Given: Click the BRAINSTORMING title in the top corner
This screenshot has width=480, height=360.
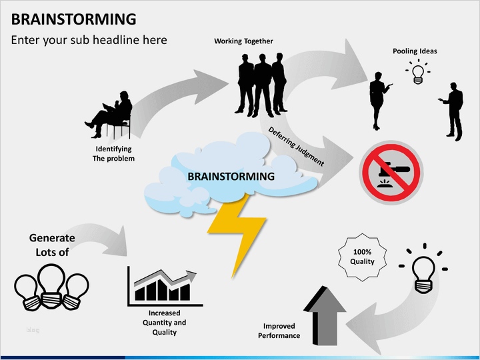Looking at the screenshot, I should (x=73, y=19).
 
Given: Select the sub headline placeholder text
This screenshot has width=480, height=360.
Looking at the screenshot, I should (x=89, y=40).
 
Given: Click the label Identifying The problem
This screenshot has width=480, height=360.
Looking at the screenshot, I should (x=113, y=153).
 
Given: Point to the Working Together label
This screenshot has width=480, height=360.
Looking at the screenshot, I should (x=243, y=41).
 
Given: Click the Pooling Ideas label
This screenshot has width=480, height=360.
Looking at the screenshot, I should (x=415, y=51).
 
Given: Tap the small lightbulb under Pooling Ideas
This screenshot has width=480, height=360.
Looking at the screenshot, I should (x=418, y=72).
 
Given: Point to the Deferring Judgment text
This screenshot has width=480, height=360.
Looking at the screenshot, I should (x=296, y=146).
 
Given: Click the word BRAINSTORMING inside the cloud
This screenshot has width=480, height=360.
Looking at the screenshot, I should (x=231, y=177).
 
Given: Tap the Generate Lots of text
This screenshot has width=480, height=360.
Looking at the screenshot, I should (x=52, y=245).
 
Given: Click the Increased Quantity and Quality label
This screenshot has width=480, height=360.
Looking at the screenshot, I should (x=164, y=323).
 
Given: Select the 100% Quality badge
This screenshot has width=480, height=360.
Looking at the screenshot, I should (x=362, y=257).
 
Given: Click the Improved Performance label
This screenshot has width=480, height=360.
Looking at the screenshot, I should (x=279, y=331).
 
